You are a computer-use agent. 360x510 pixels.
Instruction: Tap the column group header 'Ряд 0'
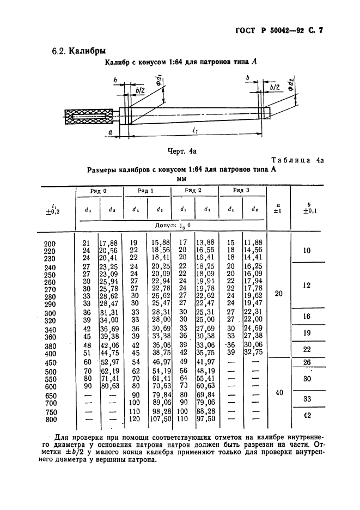(x=98, y=191)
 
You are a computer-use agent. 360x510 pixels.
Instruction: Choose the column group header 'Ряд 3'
(x=241, y=191)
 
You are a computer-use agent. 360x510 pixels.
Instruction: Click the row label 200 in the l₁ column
(x=50, y=242)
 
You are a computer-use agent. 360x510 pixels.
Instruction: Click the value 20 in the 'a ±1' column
(x=278, y=294)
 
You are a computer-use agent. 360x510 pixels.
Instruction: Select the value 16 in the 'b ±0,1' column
(x=307, y=316)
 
